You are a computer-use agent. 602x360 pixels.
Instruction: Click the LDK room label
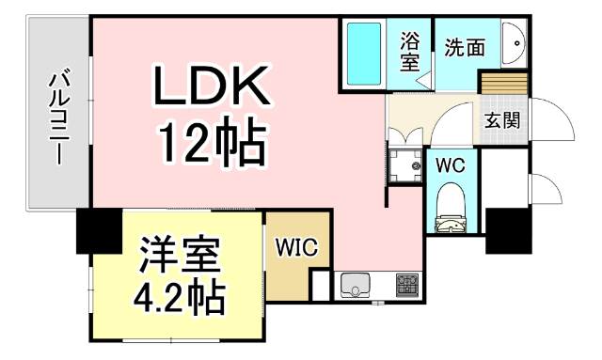(x=214, y=89)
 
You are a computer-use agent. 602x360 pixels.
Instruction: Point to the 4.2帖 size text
(x=179, y=296)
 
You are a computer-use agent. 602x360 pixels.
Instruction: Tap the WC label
(x=451, y=165)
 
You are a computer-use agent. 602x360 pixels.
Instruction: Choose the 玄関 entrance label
(x=502, y=119)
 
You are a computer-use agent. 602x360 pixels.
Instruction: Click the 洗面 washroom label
(x=465, y=44)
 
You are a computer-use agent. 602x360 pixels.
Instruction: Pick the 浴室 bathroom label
(x=410, y=50)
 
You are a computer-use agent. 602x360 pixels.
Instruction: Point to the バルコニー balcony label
(x=58, y=115)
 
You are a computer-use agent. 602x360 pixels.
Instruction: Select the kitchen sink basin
(x=356, y=283)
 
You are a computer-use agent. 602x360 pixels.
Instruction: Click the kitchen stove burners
(x=407, y=283)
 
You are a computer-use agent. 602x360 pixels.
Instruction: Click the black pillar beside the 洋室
(x=97, y=229)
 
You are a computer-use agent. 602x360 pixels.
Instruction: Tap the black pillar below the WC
(x=505, y=229)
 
